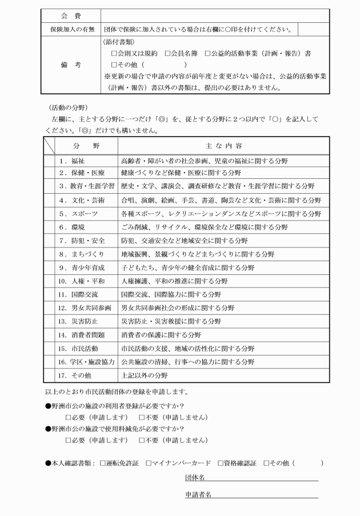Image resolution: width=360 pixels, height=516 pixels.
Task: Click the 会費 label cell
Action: (70, 14)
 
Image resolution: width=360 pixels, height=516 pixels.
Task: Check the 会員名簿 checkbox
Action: (167, 53)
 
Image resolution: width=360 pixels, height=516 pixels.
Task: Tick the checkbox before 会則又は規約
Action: (114, 53)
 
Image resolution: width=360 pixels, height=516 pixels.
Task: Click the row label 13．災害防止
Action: (80, 321)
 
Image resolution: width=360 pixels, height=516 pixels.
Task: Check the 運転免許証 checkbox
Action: (103, 462)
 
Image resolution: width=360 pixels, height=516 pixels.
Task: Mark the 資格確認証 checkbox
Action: (210, 462)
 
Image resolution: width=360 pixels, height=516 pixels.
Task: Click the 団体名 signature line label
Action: (195, 477)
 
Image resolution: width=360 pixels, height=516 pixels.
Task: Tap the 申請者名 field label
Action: (198, 494)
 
